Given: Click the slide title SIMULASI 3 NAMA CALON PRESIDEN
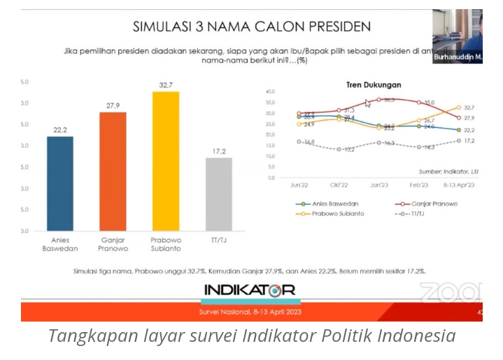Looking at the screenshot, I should tap(251, 27).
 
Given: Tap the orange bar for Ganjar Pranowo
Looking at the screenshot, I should tap(112, 171).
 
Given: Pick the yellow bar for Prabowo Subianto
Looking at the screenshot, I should tap(165, 161).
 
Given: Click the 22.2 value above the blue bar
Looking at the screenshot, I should tap(60, 129).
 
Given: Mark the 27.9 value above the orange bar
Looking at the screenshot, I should tap(113, 106).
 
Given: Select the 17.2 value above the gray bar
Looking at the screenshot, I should tap(219, 151).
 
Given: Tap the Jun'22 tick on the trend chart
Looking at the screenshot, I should tap(299, 185).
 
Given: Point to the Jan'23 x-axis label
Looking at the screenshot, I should tap(379, 185).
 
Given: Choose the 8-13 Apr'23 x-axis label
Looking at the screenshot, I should tap(458, 185).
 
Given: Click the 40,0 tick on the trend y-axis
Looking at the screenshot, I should tap(271, 91).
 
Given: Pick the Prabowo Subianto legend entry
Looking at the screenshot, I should tap(336, 213).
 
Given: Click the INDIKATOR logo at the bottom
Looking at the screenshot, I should tap(249, 289).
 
